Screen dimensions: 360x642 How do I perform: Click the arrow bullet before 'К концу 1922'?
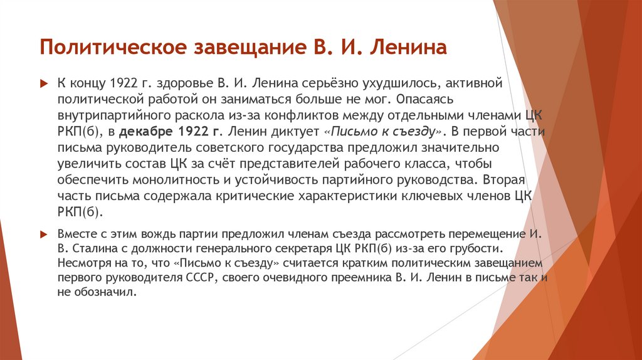pyautogui.click(x=43, y=83)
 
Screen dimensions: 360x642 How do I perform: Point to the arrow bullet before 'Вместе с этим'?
pyautogui.click(x=43, y=233)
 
